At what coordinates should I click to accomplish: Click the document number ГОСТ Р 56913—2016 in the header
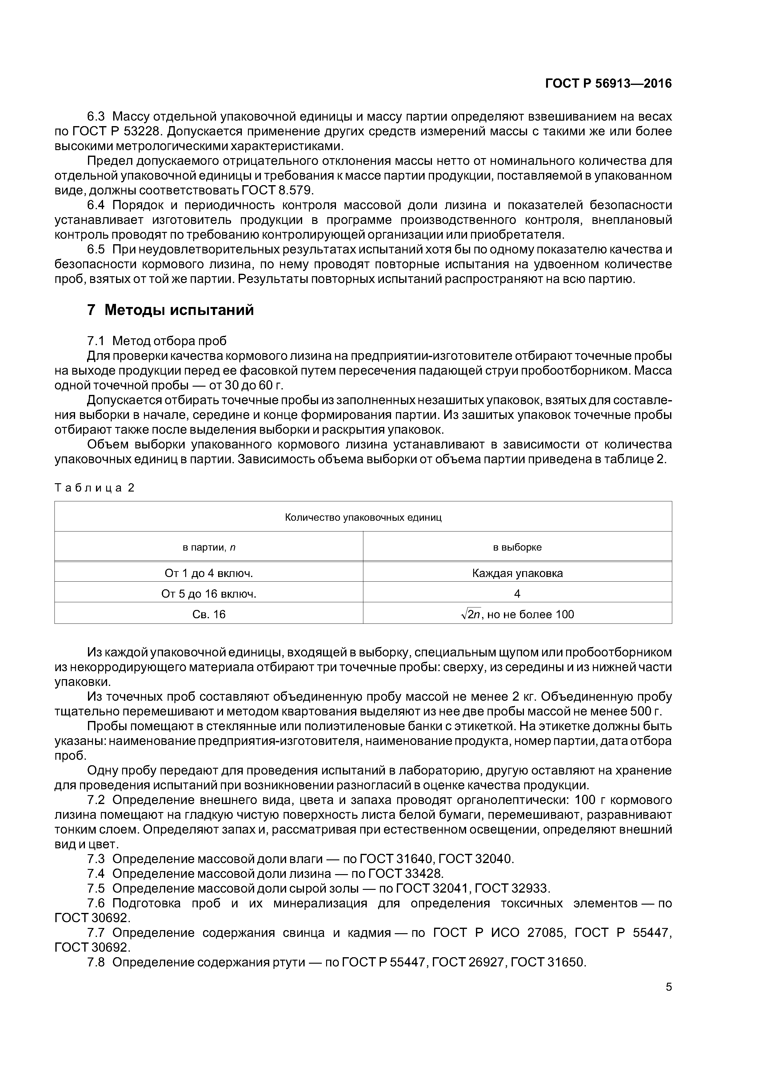pos(608,84)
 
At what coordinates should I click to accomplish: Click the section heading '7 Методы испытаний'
pos(170,310)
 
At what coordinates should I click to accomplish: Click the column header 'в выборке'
pos(517,547)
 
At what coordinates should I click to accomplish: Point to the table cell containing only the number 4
pos(517,594)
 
